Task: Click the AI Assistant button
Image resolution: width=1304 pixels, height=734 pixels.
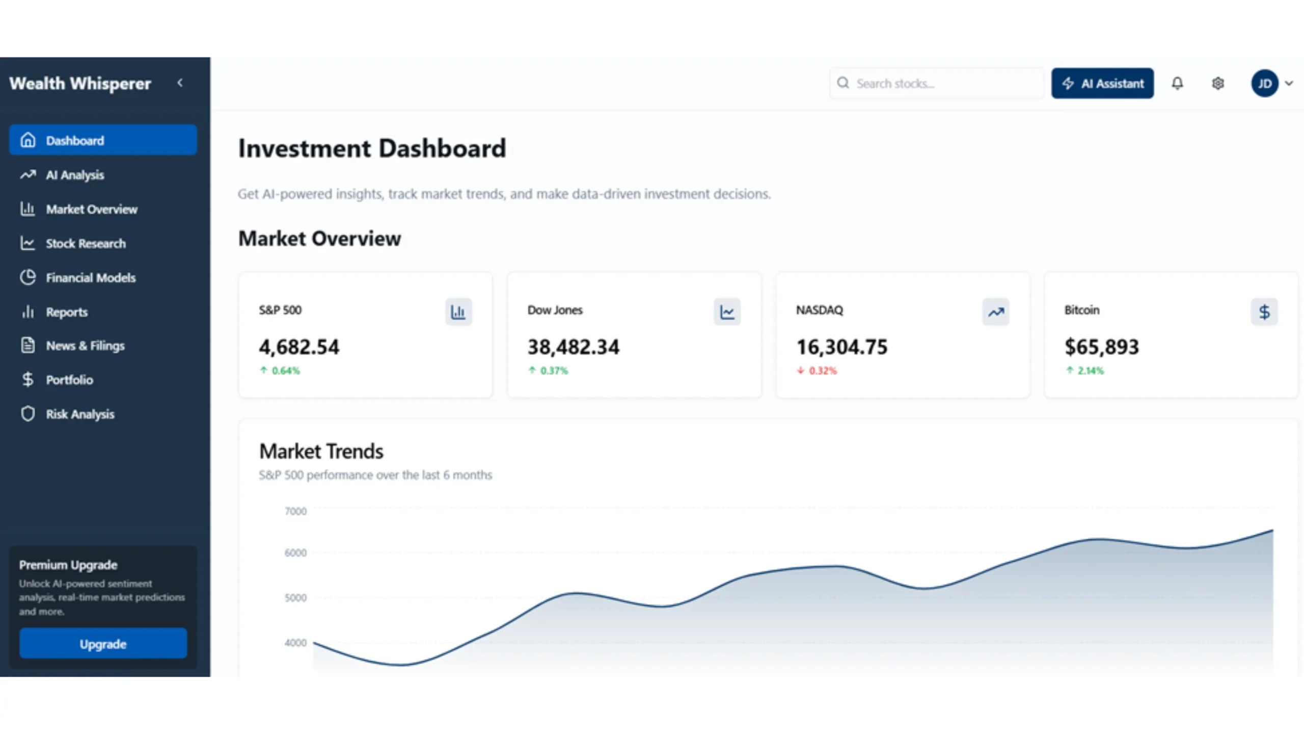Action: (1102, 83)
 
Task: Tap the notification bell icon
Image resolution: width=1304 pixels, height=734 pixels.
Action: (1177, 83)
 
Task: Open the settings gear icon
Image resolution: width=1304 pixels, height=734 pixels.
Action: (1218, 83)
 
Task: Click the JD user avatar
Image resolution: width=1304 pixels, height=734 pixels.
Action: (1265, 83)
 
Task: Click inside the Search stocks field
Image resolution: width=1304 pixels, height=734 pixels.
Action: (942, 83)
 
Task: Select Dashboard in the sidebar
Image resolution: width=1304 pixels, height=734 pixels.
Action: (103, 140)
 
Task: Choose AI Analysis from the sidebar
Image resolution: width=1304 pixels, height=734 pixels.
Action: (75, 175)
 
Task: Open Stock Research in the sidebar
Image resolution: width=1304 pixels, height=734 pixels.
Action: (86, 244)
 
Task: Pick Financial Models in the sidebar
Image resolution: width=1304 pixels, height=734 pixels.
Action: (91, 278)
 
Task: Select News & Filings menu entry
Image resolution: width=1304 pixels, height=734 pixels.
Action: (85, 346)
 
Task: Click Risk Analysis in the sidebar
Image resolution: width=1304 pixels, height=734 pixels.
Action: (80, 414)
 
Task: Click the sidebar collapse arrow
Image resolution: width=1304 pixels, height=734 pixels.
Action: (180, 83)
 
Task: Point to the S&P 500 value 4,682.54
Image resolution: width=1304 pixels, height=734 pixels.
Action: (299, 347)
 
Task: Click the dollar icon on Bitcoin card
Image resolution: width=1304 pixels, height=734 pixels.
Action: (1264, 311)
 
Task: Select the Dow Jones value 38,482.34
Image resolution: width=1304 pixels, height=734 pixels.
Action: (574, 347)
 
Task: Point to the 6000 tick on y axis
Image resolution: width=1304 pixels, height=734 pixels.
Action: (295, 553)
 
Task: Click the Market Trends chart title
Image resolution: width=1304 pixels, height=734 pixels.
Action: (321, 451)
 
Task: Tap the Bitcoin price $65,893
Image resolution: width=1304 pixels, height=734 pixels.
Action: (1102, 347)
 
